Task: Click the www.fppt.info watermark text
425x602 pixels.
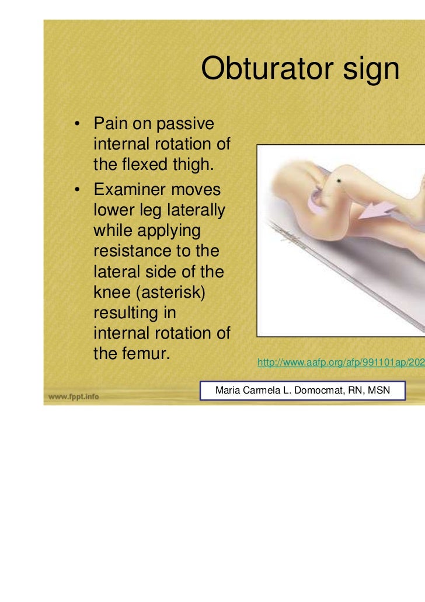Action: pos(74,396)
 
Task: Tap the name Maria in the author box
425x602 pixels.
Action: pos(228,389)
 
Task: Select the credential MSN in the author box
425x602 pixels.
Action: pos(378,389)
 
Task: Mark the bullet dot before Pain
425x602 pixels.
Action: pos(76,125)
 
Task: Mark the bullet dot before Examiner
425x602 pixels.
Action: pos(76,191)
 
